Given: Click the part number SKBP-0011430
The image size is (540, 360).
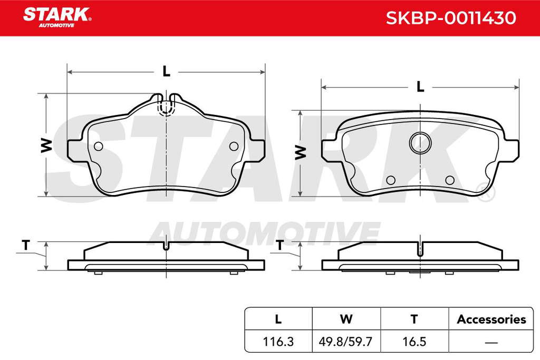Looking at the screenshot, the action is [451, 18].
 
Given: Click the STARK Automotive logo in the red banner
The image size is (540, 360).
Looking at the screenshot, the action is [57, 17].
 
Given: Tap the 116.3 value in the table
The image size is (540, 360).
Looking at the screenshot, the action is [278, 342].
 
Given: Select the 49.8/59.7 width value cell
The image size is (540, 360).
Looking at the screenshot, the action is [346, 342].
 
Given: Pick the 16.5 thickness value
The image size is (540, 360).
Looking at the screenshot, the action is [414, 342].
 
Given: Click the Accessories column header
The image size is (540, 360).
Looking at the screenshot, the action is [491, 319].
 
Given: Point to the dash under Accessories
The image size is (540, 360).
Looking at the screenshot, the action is [491, 342].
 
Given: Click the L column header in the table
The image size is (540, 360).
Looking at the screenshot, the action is [278, 319].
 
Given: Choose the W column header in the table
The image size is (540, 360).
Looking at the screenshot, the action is [346, 319].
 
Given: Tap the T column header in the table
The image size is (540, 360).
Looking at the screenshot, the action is [414, 319].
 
